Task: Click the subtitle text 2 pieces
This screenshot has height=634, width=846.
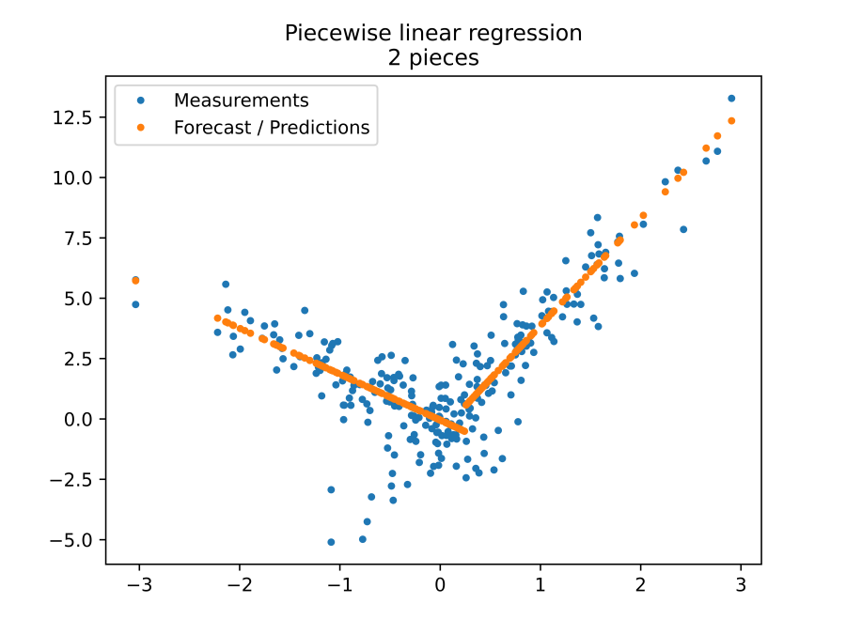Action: coord(433,57)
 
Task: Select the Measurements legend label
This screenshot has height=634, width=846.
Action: coord(241,101)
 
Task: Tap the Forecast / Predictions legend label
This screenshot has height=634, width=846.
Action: coord(272,128)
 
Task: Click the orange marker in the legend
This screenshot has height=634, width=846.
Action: coord(141,128)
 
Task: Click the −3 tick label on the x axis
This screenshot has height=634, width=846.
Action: coord(139,583)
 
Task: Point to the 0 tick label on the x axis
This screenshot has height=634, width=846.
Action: coord(440,583)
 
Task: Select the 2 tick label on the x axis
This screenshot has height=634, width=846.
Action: coord(640,583)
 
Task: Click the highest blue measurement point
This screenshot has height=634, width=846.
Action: coord(731,99)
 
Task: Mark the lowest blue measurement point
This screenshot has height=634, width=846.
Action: coord(331,542)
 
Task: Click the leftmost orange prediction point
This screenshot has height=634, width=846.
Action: coord(135,280)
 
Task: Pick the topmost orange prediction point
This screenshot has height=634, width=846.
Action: coord(731,120)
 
